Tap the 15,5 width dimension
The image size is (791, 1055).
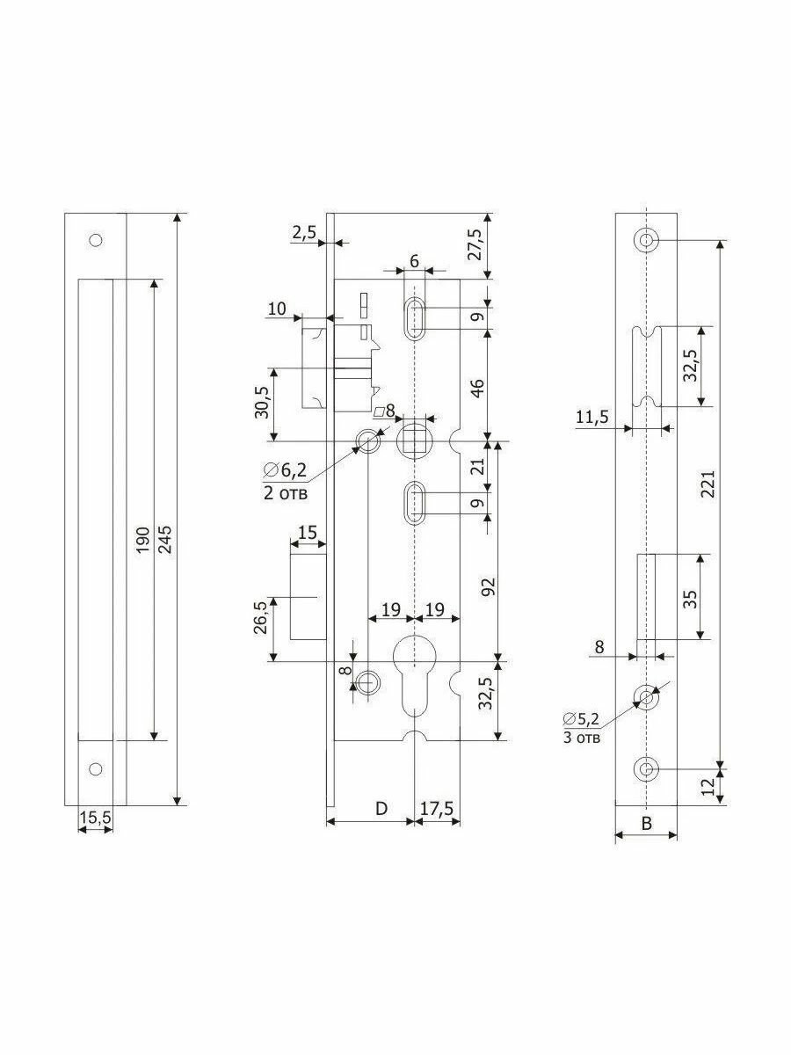coord(95,818)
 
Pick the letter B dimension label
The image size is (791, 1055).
coord(646,824)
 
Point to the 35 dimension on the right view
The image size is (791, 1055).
coord(691,599)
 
